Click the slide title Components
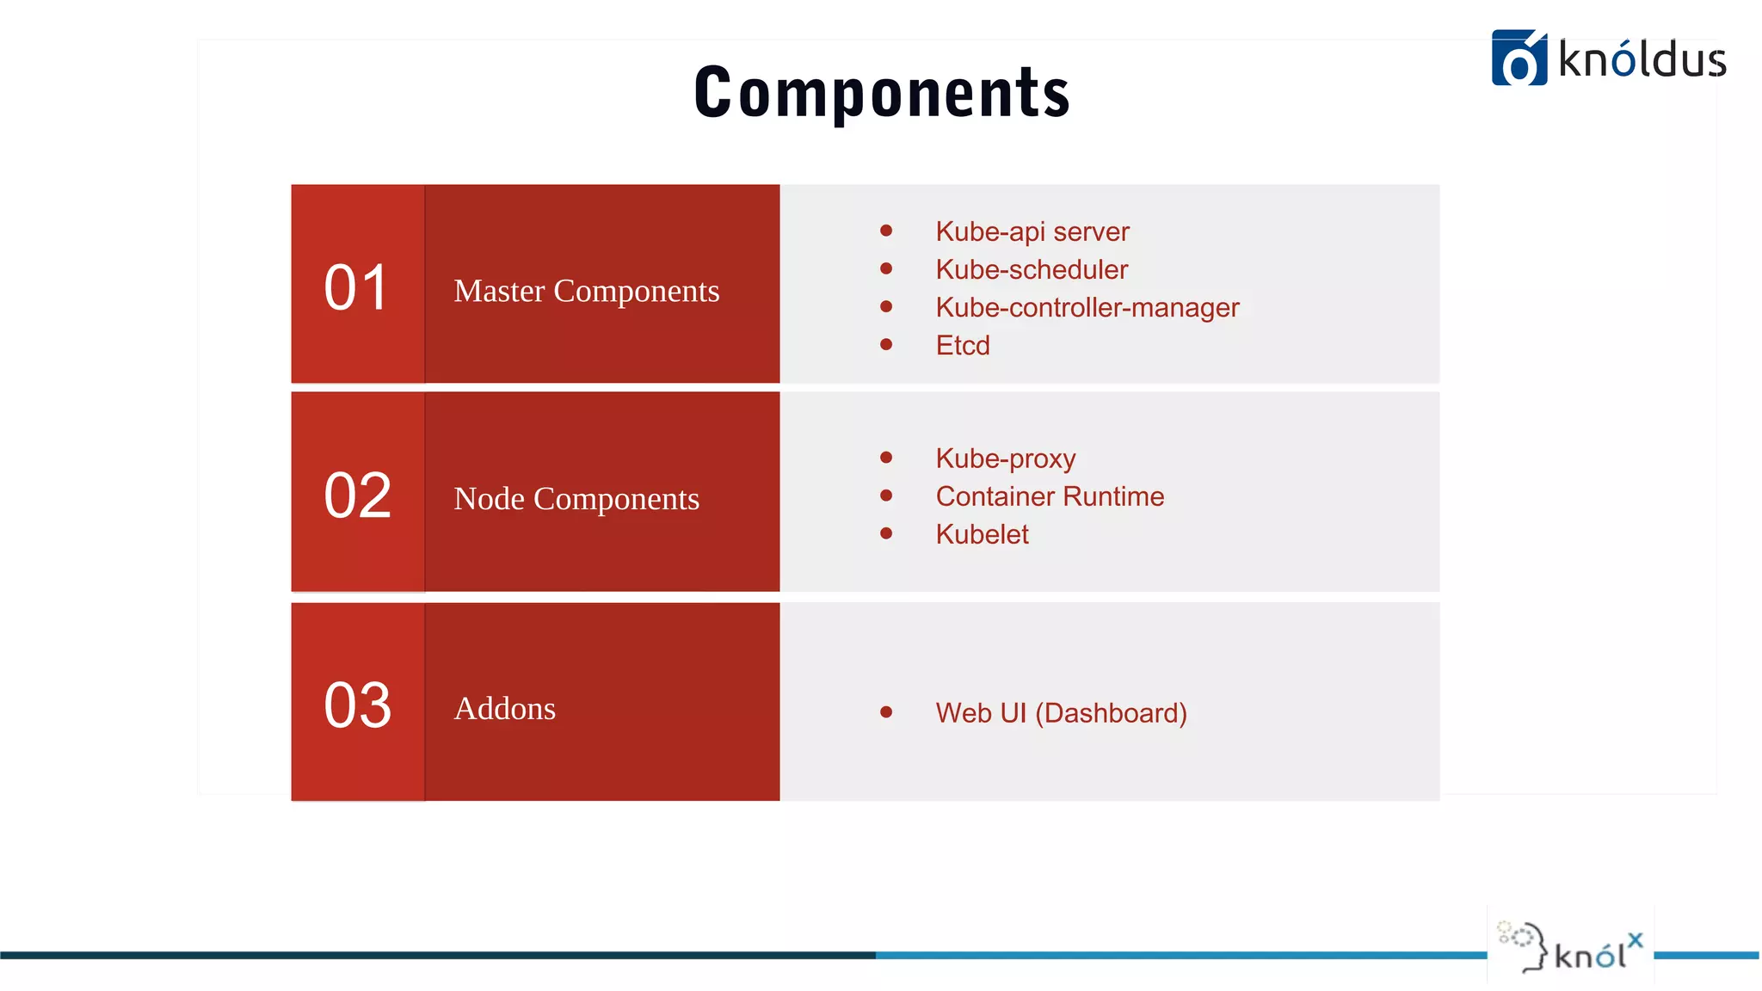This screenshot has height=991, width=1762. (882, 93)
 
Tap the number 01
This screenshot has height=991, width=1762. (356, 287)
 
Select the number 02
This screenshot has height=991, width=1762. (358, 495)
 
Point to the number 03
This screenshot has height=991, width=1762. (358, 705)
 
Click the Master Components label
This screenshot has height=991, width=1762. (586, 291)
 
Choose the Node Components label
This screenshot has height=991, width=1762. (576, 499)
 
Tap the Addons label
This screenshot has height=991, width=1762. (504, 709)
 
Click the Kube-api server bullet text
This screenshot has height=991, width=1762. (1032, 231)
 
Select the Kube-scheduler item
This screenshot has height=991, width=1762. (1031, 269)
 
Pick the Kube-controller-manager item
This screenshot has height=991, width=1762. (1087, 307)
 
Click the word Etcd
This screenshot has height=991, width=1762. (962, 345)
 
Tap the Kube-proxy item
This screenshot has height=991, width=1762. (1005, 459)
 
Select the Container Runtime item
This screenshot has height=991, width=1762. (1049, 496)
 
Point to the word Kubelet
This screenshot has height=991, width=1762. (982, 534)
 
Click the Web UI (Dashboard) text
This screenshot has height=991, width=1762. (1060, 713)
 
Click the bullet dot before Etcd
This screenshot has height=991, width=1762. (886, 344)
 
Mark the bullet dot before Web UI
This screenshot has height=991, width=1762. (886, 711)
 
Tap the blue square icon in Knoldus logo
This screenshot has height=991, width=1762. (1519, 58)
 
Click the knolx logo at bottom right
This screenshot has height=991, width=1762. (1571, 946)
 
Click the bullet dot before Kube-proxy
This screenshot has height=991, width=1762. (886, 457)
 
